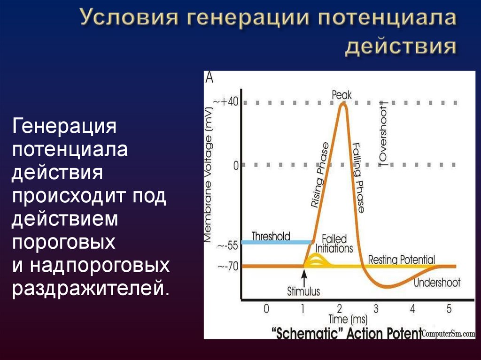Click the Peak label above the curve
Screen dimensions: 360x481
(341, 94)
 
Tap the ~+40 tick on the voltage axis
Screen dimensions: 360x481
(226, 102)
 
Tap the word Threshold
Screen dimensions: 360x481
(271, 236)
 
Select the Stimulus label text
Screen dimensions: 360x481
(303, 291)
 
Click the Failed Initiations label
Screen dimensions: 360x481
(334, 244)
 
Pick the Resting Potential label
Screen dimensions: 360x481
(401, 259)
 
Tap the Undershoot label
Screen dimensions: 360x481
(437, 283)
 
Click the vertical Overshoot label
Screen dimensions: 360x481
(383, 133)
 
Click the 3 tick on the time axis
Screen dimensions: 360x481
(376, 309)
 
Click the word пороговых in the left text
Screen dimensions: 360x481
(63, 242)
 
